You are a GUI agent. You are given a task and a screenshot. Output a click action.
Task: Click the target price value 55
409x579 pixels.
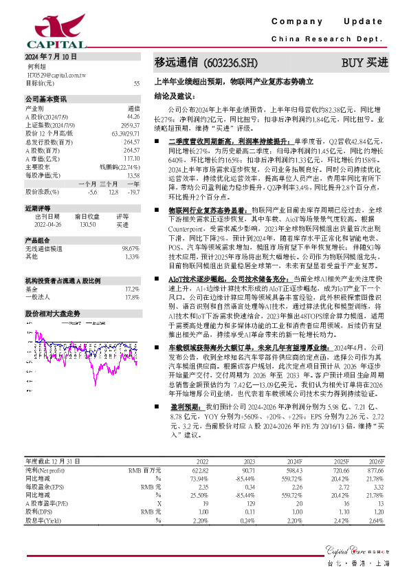pyautogui.click(x=136, y=83)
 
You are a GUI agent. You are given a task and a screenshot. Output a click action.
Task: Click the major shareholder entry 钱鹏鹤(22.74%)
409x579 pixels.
pyautogui.click(x=120, y=166)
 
